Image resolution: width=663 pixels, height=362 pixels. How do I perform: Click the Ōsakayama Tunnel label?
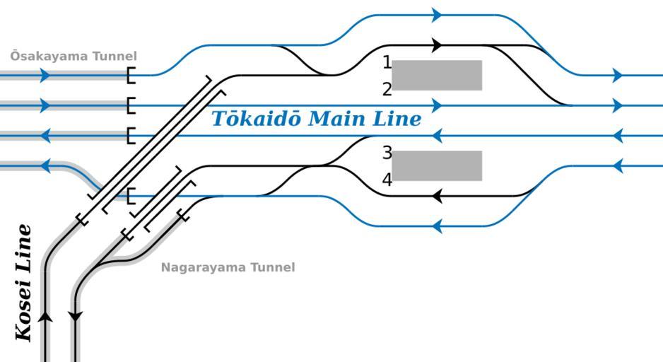[74, 56]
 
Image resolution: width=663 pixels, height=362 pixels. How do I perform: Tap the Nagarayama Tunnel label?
[228, 267]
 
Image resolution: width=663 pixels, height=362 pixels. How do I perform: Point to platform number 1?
[387, 63]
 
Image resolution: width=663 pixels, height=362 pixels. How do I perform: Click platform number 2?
[387, 90]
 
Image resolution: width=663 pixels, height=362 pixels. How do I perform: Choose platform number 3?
[387, 153]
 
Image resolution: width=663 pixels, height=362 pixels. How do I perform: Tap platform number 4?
[387, 180]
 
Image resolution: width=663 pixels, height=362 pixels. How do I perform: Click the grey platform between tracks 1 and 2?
[437, 75]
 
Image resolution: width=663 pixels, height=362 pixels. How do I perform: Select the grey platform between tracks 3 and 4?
[437, 165]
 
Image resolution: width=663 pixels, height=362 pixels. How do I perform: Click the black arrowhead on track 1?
[438, 45]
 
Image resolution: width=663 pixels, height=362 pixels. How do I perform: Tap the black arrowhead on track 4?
[437, 196]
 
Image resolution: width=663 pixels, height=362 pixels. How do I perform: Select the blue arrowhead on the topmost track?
[438, 15]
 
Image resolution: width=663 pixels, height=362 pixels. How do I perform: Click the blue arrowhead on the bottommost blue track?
[437, 226]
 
